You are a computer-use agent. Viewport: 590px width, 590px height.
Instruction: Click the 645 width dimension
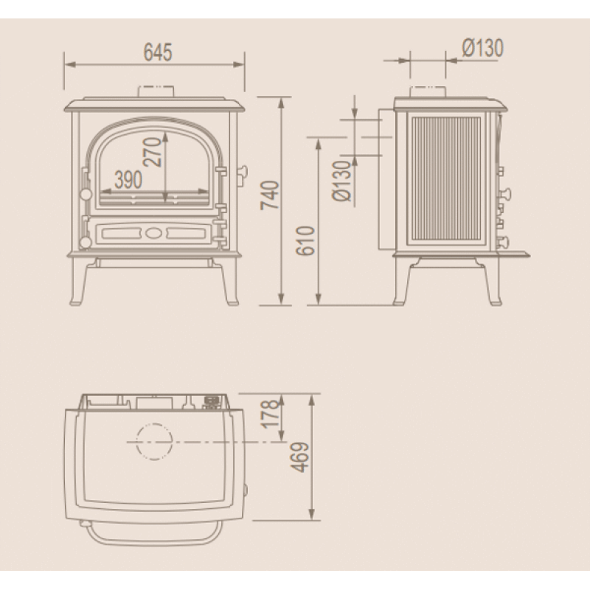158,52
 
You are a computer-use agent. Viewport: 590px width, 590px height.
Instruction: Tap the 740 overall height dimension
271,195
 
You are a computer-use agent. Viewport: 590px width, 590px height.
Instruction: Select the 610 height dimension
305,241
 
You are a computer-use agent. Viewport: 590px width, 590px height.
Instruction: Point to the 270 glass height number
153,152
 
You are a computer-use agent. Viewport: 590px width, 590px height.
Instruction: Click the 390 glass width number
128,179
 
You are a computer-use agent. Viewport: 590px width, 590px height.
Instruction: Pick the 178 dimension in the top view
271,414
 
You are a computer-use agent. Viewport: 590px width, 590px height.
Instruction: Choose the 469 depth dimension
300,457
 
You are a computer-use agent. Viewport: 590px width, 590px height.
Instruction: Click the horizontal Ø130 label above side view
482,48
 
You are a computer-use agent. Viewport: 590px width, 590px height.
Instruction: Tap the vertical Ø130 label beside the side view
342,181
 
